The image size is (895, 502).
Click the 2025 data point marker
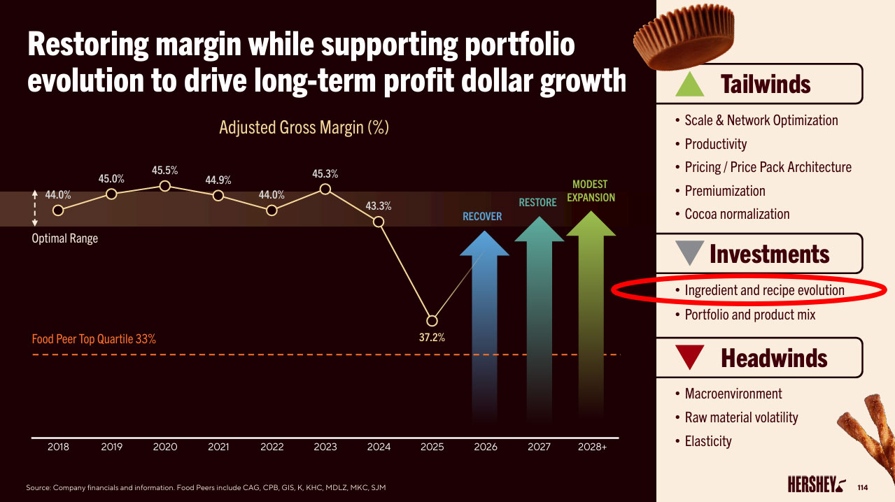432,321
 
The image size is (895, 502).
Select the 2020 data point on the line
164,186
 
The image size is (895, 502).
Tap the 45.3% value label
325,173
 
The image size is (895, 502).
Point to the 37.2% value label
432,338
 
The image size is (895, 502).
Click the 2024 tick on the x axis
379,447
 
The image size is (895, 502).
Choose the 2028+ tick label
592,447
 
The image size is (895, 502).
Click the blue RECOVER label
482,217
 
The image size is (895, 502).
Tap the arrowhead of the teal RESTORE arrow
539,229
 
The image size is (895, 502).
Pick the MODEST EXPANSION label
591,191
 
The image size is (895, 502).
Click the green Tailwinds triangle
690,85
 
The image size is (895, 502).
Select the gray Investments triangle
690,252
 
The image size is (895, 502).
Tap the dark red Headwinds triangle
690,356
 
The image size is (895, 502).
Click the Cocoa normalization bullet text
737,214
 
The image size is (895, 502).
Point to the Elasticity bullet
708,441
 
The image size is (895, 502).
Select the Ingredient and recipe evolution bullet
764,290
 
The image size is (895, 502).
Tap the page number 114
863,487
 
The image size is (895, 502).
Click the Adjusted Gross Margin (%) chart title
304,128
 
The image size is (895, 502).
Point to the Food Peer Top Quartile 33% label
94,339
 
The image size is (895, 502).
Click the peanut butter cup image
684,37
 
